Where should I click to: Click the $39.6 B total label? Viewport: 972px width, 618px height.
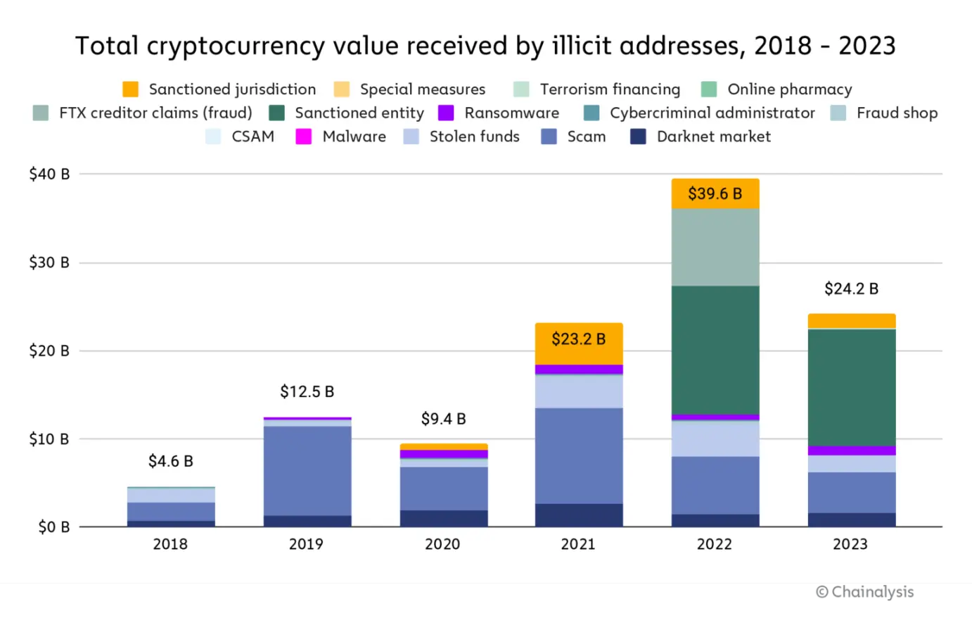pyautogui.click(x=715, y=194)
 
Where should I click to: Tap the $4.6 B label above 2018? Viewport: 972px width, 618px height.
pyautogui.click(x=170, y=461)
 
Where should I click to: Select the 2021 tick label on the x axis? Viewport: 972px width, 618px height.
pyautogui.click(x=578, y=544)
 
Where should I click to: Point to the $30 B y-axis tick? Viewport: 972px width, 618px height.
pyautogui.click(x=49, y=263)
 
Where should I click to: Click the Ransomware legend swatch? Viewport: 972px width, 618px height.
pyautogui.click(x=446, y=113)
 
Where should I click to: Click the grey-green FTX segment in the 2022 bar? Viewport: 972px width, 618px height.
pyautogui.click(x=715, y=247)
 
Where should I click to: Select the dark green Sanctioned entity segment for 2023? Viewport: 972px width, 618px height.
pyautogui.click(x=851, y=387)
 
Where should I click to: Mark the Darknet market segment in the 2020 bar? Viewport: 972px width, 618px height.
pyautogui.click(x=443, y=518)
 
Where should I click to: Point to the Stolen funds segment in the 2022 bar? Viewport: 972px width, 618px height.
pyautogui.click(x=715, y=439)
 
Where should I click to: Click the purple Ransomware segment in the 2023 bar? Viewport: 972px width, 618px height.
pyautogui.click(x=851, y=450)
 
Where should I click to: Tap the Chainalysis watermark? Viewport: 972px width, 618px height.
pyautogui.click(x=867, y=592)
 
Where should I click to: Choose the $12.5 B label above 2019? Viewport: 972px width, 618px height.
pyautogui.click(x=307, y=391)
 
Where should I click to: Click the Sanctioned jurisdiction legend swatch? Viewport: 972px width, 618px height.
pyautogui.click(x=130, y=89)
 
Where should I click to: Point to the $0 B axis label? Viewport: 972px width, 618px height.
pyautogui.click(x=53, y=527)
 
